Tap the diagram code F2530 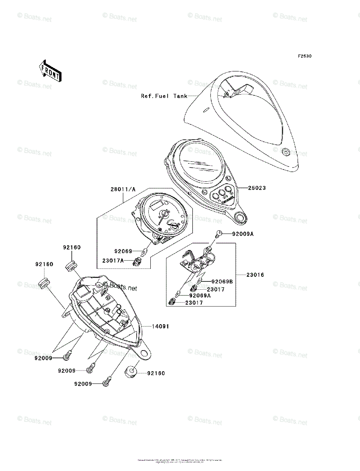coord(304,57)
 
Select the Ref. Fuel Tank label coord(164,96)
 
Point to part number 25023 coord(257,188)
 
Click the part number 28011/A coord(123,189)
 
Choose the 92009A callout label coord(243,234)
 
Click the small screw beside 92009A coord(219,234)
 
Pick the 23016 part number coord(255,275)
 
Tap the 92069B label coord(222,281)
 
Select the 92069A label coord(200,296)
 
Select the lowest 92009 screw coord(107,382)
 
